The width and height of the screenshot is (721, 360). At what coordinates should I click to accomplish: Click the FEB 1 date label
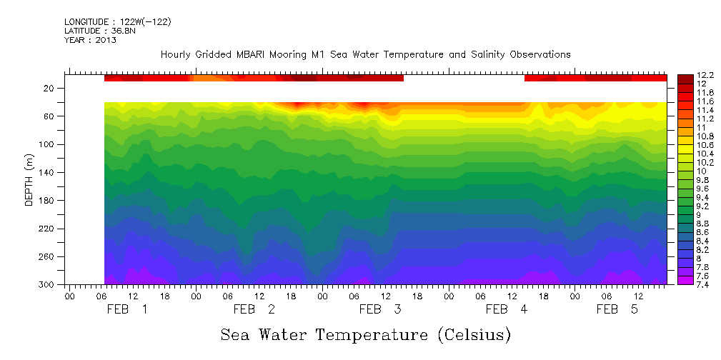pyautogui.click(x=127, y=309)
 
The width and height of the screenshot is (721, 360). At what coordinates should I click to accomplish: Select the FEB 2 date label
pyautogui.click(x=254, y=309)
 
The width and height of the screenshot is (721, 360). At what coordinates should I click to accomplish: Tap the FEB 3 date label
pyautogui.click(x=380, y=309)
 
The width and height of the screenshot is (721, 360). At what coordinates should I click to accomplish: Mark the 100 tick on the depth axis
pyautogui.click(x=47, y=144)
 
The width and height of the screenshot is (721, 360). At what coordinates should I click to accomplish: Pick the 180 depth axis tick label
pyautogui.click(x=47, y=201)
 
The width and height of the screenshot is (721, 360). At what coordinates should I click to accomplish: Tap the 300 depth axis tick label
pyautogui.click(x=47, y=285)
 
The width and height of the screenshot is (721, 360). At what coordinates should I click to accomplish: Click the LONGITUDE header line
pyautogui.click(x=118, y=22)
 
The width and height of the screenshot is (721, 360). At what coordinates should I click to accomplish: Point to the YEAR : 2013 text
pyautogui.click(x=90, y=40)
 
